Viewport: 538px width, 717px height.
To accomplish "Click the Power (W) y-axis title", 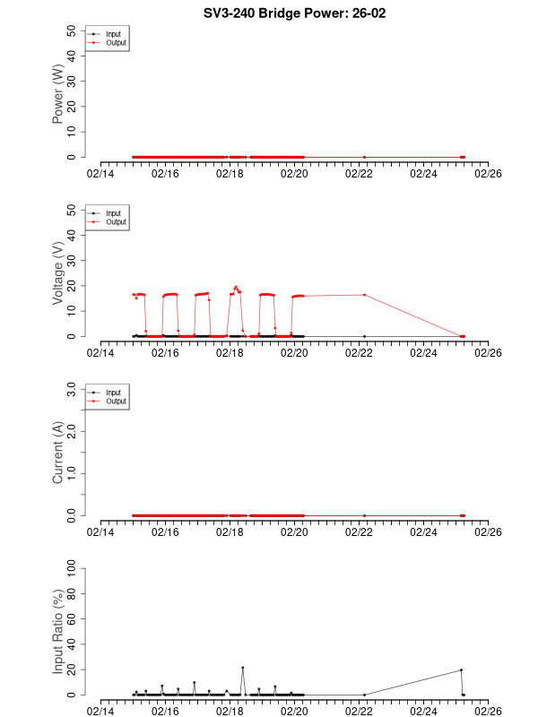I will tap(58, 93).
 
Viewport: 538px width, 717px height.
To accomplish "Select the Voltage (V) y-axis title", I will tap(58, 273).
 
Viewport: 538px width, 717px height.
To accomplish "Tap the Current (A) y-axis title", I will tap(58, 453).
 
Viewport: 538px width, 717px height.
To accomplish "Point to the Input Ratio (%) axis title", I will tap(58, 631).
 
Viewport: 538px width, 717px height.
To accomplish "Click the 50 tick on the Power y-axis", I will tap(71, 30).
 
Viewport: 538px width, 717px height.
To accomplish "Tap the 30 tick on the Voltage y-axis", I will tap(71, 260).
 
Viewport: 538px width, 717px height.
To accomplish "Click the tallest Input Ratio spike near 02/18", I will tap(242, 668).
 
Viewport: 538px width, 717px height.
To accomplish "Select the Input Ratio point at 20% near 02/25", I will tap(461, 669).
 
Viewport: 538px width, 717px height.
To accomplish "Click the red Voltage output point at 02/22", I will tap(364, 294).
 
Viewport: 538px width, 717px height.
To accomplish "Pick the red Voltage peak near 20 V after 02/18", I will tap(236, 287).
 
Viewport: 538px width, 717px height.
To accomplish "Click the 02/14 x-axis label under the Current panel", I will tap(100, 531).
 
